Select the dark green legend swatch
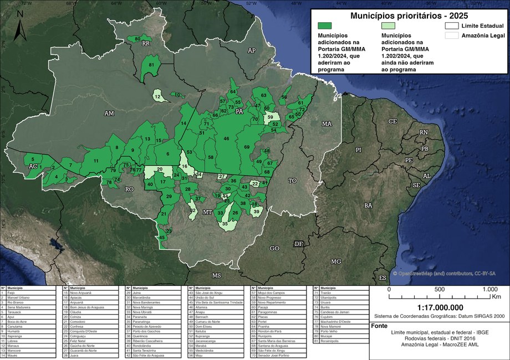(x=331, y=25)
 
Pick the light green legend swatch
(x=395, y=25)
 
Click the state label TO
(x=292, y=181)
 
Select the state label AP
(x=251, y=50)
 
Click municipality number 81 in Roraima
(x=151, y=65)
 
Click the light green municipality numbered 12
(x=159, y=96)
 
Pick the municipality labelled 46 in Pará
(x=226, y=138)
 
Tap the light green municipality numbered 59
(x=271, y=117)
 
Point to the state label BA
(x=368, y=205)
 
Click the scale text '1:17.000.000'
(x=440, y=307)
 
